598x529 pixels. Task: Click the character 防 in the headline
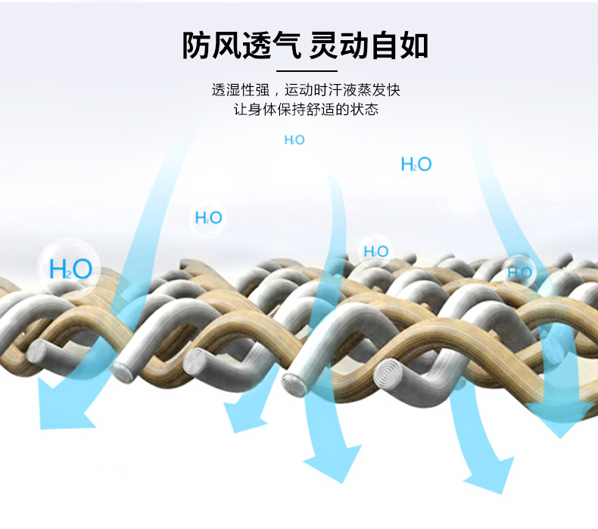point(196,45)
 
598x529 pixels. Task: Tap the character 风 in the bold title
point(229,45)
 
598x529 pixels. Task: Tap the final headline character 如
point(414,45)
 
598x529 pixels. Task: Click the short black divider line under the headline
point(305,70)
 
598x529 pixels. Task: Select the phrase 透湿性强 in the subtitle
point(241,90)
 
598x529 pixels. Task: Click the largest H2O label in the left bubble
point(70,269)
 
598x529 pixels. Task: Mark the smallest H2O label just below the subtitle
point(294,140)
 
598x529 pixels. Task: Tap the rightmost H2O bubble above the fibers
point(519,272)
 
